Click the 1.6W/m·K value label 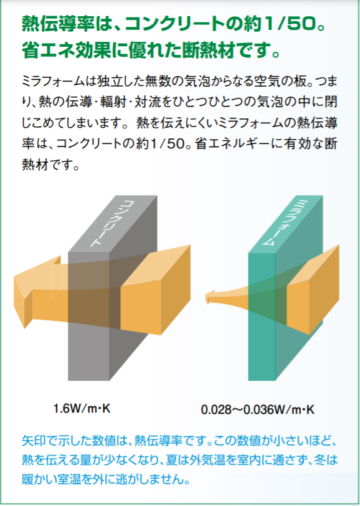[x=82, y=409]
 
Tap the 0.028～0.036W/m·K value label [x=257, y=410]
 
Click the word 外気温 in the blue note [x=197, y=460]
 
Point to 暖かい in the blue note [x=40, y=479]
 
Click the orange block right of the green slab [x=312, y=290]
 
